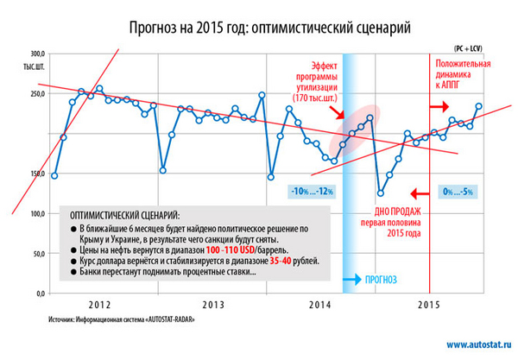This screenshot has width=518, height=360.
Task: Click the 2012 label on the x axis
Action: coord(100,305)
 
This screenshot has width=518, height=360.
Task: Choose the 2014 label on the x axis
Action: coord(320,305)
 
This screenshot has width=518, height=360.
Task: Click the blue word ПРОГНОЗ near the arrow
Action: coord(381,279)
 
